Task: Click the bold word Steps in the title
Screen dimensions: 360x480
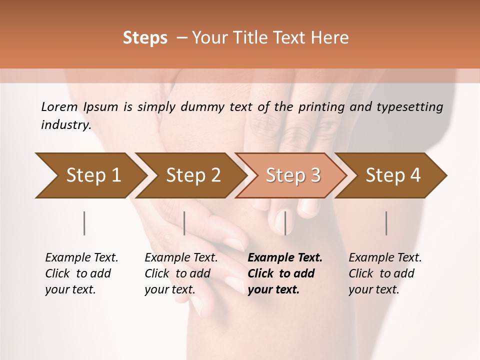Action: pos(145,38)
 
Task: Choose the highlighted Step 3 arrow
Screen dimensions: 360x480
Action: pos(292,175)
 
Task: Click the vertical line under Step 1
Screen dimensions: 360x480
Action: pos(84,223)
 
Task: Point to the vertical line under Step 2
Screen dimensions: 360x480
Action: pos(184,223)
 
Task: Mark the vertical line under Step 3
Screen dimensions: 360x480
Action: pos(285,223)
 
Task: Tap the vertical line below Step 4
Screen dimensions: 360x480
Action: pos(386,223)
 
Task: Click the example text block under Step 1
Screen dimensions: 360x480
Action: pos(81,273)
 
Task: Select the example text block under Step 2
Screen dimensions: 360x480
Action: pos(181,273)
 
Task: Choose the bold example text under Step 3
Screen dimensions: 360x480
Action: pos(285,273)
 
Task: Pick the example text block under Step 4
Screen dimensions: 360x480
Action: pos(385,273)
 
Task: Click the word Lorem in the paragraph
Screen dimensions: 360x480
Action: pos(59,106)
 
